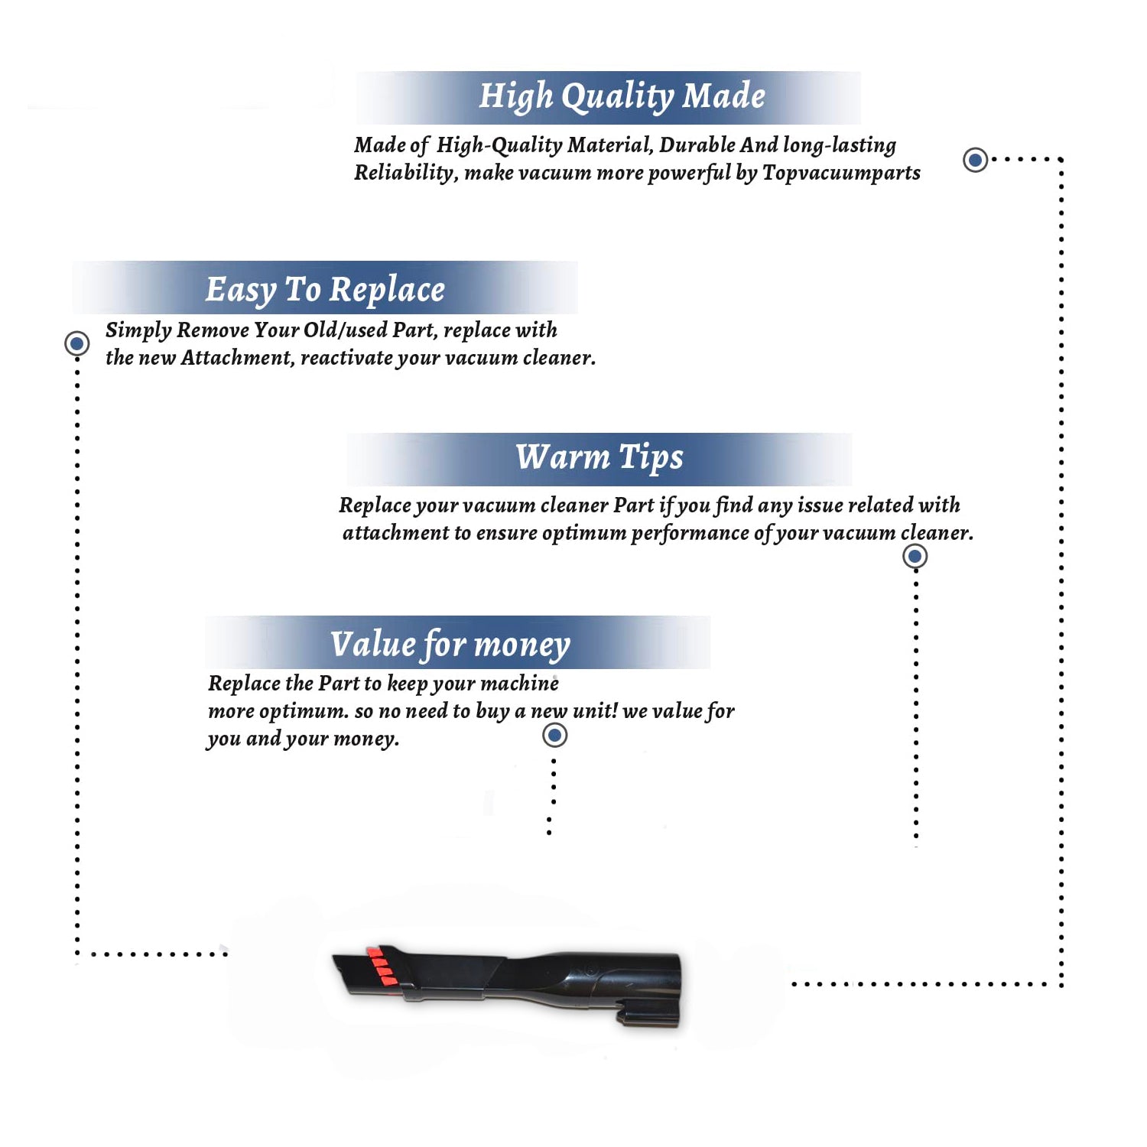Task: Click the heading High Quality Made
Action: pyautogui.click(x=622, y=97)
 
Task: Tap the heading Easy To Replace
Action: pyautogui.click(x=325, y=290)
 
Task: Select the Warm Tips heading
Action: pyautogui.click(x=599, y=458)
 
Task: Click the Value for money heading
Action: pyautogui.click(x=450, y=645)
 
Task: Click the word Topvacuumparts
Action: pyautogui.click(x=841, y=174)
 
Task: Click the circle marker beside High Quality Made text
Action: pyautogui.click(x=975, y=160)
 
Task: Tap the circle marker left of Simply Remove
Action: pyautogui.click(x=76, y=343)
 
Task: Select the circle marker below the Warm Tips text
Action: pyautogui.click(x=915, y=556)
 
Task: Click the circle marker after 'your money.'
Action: pyautogui.click(x=554, y=736)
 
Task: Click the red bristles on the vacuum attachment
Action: pyautogui.click(x=379, y=964)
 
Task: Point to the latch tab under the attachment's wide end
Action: pyautogui.click(x=648, y=1015)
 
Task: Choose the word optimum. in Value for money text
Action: pyautogui.click(x=304, y=712)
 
